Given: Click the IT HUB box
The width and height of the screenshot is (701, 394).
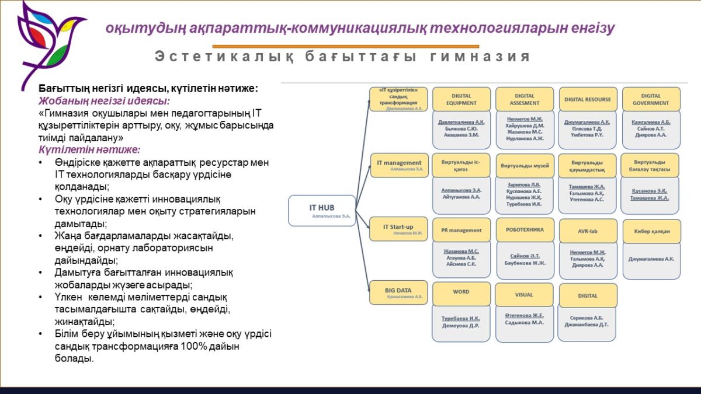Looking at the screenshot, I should pos(322,211).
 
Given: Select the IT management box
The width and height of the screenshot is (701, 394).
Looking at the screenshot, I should pos(398,165).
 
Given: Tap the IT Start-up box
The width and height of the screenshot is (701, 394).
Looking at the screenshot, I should pos(398,229).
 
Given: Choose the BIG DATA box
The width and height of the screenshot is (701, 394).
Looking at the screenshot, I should pos(398,292).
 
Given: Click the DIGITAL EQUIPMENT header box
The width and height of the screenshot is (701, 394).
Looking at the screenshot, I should pos(461,99).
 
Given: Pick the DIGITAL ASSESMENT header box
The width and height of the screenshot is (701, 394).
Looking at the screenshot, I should pos(525,99).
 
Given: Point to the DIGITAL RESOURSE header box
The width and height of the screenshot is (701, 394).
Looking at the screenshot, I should pos(588,99).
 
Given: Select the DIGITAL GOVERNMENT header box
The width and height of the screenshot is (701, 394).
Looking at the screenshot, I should pos(651,99).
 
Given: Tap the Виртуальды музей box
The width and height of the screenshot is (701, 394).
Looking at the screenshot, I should pos(525,166).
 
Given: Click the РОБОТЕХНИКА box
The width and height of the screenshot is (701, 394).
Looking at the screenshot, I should pos(525,230).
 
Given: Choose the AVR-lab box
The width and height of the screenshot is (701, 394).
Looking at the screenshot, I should pos(588,231).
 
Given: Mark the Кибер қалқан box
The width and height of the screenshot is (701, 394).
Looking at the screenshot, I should pos(651,231).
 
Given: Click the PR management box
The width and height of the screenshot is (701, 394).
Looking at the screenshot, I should pos(461,231).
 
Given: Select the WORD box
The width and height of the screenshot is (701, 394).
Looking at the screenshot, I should pos(461,292).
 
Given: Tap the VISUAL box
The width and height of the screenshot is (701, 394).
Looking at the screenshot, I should pos(524,295).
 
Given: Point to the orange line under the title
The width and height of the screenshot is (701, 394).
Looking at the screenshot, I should pos(345,46).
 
